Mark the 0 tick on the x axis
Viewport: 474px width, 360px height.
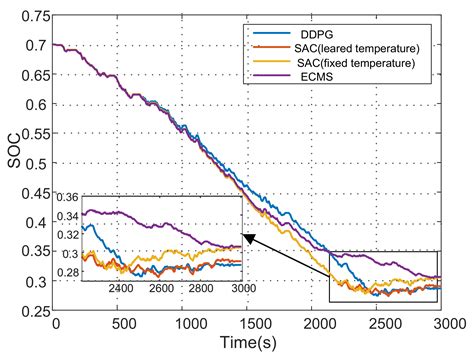pyautogui.click(x=55, y=325)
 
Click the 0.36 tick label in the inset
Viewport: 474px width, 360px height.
pyautogui.click(x=69, y=197)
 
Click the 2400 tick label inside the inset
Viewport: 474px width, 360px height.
pyautogui.click(x=120, y=289)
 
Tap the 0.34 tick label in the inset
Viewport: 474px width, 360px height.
pyautogui.click(x=69, y=214)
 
